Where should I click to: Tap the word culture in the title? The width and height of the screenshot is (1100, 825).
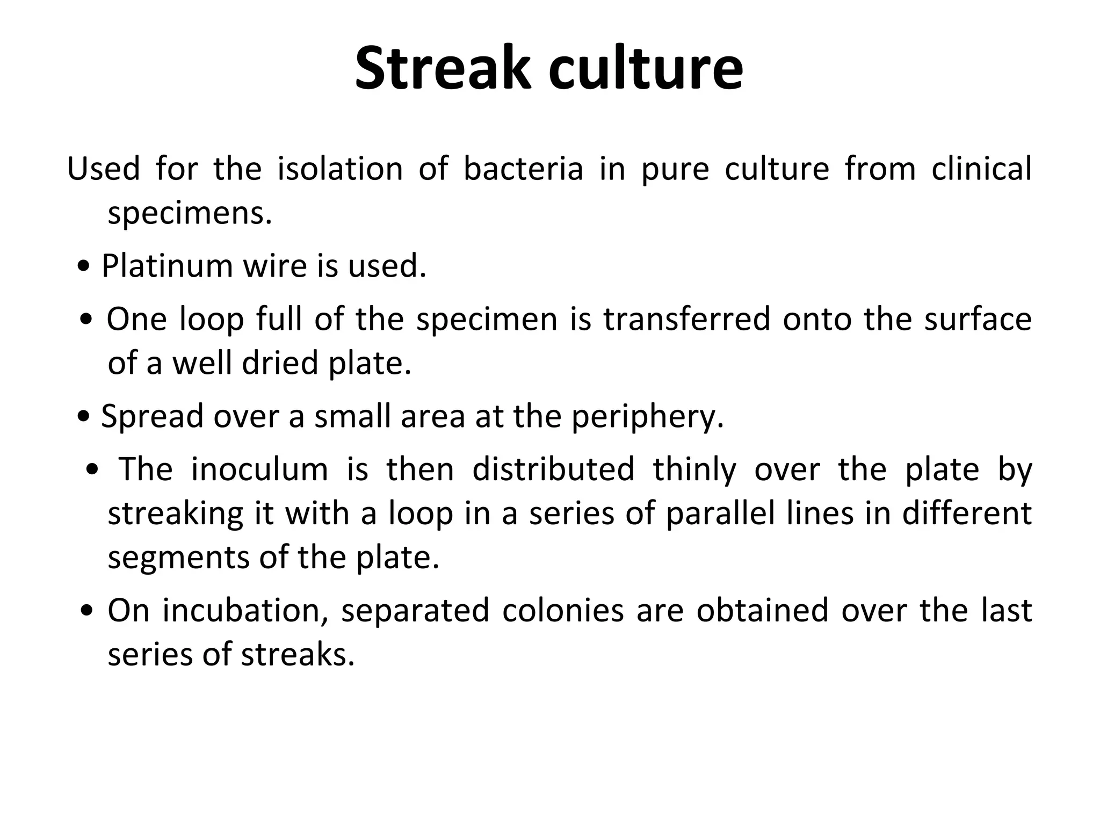pyautogui.click(x=646, y=69)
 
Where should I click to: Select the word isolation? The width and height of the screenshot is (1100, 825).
pyautogui.click(x=340, y=169)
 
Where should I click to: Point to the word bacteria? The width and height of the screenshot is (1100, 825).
pyautogui.click(x=523, y=169)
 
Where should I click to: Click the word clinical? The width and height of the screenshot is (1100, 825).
pyautogui.click(x=981, y=169)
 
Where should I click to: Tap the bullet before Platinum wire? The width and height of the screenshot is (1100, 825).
pyautogui.click(x=83, y=266)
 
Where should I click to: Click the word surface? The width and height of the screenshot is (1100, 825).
pyautogui.click(x=978, y=319)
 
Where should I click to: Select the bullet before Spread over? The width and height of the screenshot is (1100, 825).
pyautogui.click(x=83, y=417)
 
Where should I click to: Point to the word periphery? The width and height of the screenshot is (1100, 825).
pyautogui.click(x=648, y=417)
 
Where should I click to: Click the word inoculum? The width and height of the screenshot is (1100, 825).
pyautogui.click(x=259, y=469)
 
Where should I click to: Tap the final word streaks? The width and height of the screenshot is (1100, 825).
pyautogui.click(x=298, y=655)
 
